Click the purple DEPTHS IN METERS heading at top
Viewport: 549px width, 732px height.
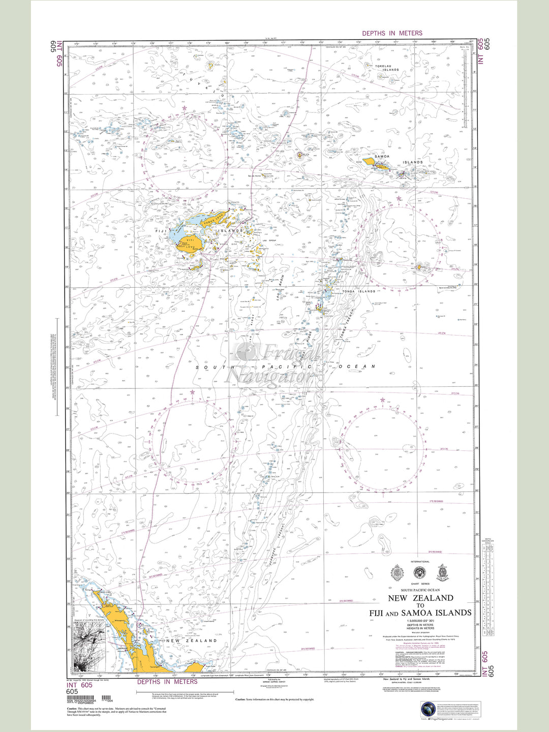pos(392,33)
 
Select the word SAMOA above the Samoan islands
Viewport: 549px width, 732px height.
pos(381,157)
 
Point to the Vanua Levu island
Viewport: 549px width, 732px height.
pos(209,219)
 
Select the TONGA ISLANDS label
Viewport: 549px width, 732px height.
pos(358,291)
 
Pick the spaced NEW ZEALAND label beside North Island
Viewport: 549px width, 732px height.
pos(191,640)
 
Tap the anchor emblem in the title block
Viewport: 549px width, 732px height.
pos(442,573)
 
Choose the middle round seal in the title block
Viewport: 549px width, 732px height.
pos(419,573)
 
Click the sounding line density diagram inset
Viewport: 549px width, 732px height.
pos(89,649)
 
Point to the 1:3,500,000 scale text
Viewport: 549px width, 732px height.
pos(420,621)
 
